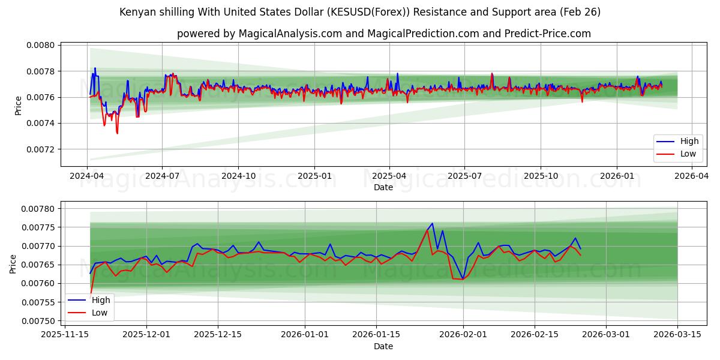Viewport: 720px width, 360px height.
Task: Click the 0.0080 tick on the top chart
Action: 40,45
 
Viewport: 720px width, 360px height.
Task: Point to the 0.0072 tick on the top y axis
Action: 40,149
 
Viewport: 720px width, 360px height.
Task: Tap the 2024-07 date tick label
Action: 162,176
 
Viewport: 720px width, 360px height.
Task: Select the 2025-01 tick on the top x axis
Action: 314,176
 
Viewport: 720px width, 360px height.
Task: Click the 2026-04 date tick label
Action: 692,176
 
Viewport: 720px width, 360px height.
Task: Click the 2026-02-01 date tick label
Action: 463,335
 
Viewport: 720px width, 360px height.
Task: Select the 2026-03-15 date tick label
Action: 678,335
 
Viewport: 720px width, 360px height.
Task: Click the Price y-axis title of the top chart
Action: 18,105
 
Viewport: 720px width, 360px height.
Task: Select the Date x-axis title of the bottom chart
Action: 383,346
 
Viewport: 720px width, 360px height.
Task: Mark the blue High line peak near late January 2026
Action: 432,223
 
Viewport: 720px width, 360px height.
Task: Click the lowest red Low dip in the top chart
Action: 117,133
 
